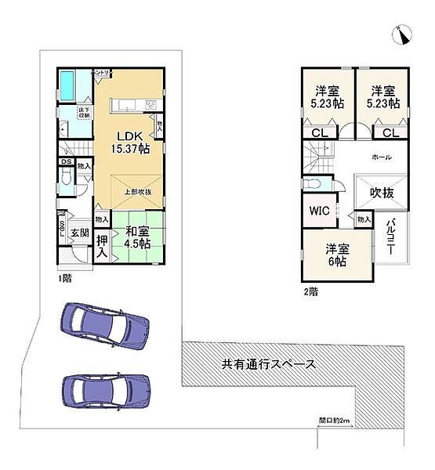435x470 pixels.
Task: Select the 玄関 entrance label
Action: point(79,232)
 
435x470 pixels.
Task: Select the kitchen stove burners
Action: point(150,105)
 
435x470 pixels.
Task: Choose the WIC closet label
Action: point(319,211)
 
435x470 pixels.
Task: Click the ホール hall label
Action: point(381,157)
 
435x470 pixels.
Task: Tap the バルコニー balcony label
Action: point(390,238)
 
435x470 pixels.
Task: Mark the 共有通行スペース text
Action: point(268,363)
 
